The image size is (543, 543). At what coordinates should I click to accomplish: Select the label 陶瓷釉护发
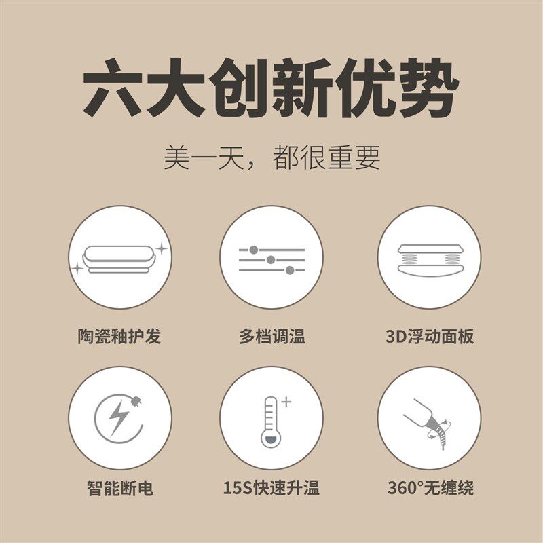click(119, 336)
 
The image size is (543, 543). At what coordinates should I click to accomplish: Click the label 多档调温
click(271, 336)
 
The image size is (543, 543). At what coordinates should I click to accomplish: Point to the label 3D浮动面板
click(429, 336)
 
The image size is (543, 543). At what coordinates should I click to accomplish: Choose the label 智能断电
click(119, 487)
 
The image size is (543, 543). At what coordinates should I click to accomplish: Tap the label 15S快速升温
click(271, 487)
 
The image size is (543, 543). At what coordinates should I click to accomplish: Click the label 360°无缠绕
click(429, 487)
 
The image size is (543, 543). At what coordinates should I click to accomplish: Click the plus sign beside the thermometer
click(286, 402)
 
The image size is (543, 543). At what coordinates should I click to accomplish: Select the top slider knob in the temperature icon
click(254, 250)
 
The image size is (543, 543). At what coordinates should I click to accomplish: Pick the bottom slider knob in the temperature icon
click(290, 270)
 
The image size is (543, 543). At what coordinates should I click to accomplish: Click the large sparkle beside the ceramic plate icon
click(161, 250)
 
